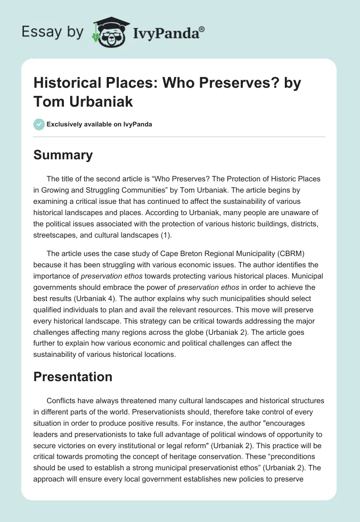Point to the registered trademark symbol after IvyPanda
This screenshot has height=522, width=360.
pyautogui.click(x=202, y=29)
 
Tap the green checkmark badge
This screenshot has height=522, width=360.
pyautogui.click(x=39, y=124)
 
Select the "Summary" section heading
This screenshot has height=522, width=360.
pyautogui.click(x=63, y=155)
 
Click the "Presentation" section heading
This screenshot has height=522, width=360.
pyautogui.click(x=73, y=377)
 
